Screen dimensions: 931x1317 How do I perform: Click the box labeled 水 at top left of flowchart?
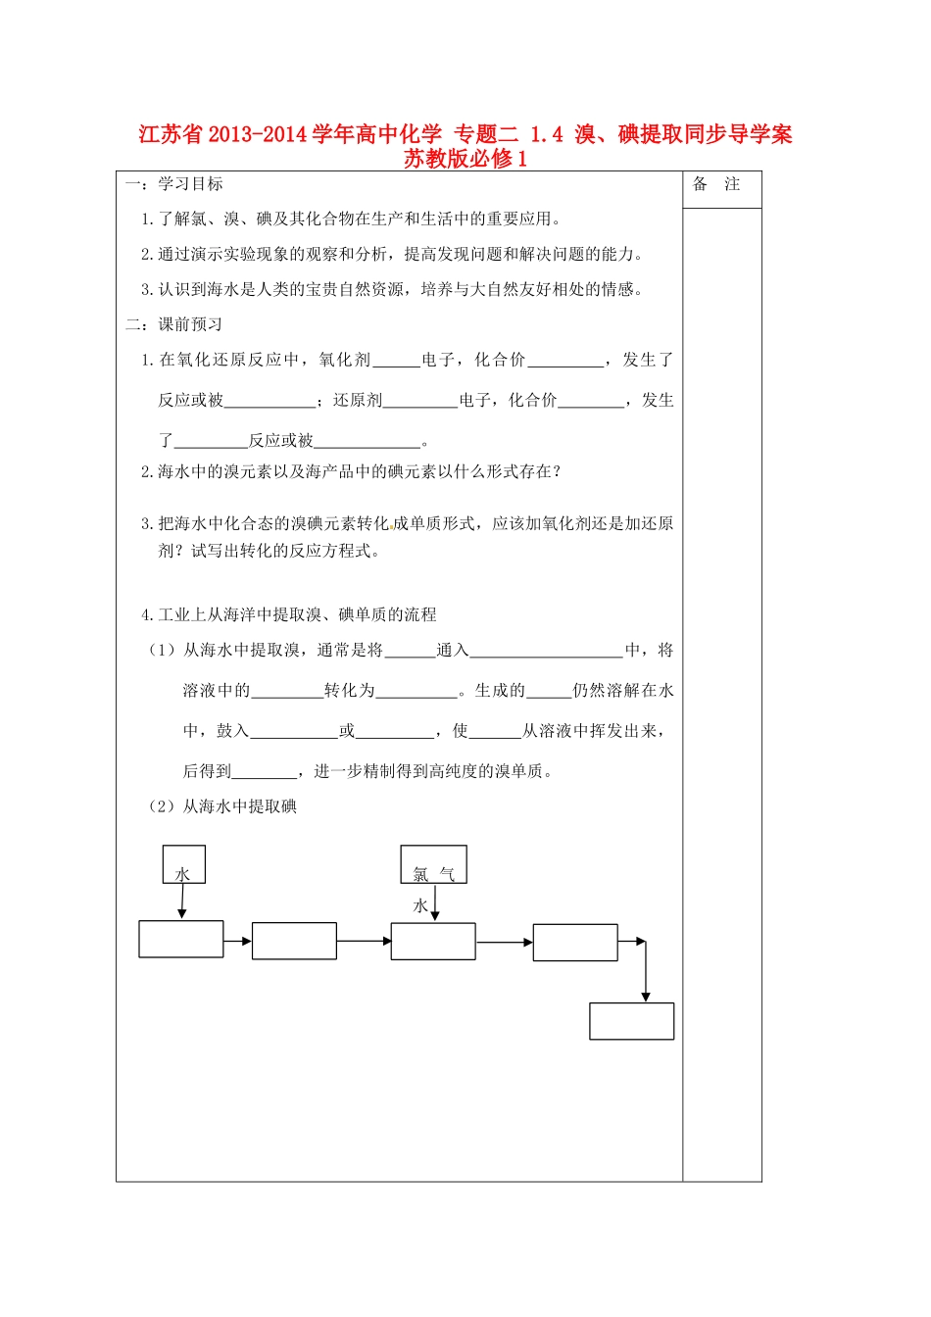(183, 864)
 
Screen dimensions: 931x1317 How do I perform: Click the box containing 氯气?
(433, 864)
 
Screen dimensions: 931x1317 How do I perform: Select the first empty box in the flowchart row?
(181, 939)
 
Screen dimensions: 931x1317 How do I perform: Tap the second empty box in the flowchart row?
(294, 941)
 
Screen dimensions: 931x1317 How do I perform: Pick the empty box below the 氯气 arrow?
(433, 941)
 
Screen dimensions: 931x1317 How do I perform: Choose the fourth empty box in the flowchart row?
(575, 942)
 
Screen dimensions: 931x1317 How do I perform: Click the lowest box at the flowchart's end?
(631, 1020)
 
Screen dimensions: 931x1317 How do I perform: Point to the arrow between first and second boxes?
(238, 942)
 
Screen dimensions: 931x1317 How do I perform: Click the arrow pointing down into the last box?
(645, 972)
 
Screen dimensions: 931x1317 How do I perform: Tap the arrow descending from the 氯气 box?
(435, 902)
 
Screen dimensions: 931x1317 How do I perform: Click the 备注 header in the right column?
(716, 184)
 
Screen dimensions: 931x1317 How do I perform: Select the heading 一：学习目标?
(174, 184)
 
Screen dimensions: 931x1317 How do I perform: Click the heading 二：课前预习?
(174, 324)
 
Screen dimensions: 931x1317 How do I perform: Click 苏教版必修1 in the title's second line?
(465, 159)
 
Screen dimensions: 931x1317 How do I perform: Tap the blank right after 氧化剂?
(396, 361)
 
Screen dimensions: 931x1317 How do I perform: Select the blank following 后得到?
(265, 772)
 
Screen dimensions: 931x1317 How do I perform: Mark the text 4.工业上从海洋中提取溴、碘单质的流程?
(289, 614)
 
